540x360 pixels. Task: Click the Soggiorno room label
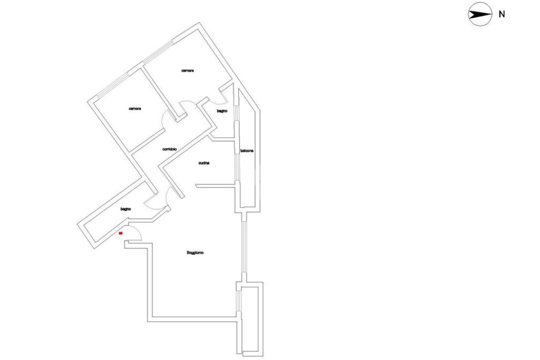[195, 253]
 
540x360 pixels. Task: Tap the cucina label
[204, 163]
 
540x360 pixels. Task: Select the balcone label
[247, 151]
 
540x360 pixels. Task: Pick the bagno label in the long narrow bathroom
[125, 209]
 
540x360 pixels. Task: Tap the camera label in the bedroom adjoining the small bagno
[188, 71]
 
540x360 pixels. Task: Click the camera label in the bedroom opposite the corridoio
[134, 109]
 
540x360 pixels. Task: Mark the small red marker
[121, 232]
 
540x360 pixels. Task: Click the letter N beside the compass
[502, 15]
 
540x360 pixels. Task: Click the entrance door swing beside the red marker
[133, 233]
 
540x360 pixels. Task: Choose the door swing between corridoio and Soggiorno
[172, 196]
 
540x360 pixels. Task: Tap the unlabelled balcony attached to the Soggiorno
[250, 316]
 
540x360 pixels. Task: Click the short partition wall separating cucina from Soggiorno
[216, 185]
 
